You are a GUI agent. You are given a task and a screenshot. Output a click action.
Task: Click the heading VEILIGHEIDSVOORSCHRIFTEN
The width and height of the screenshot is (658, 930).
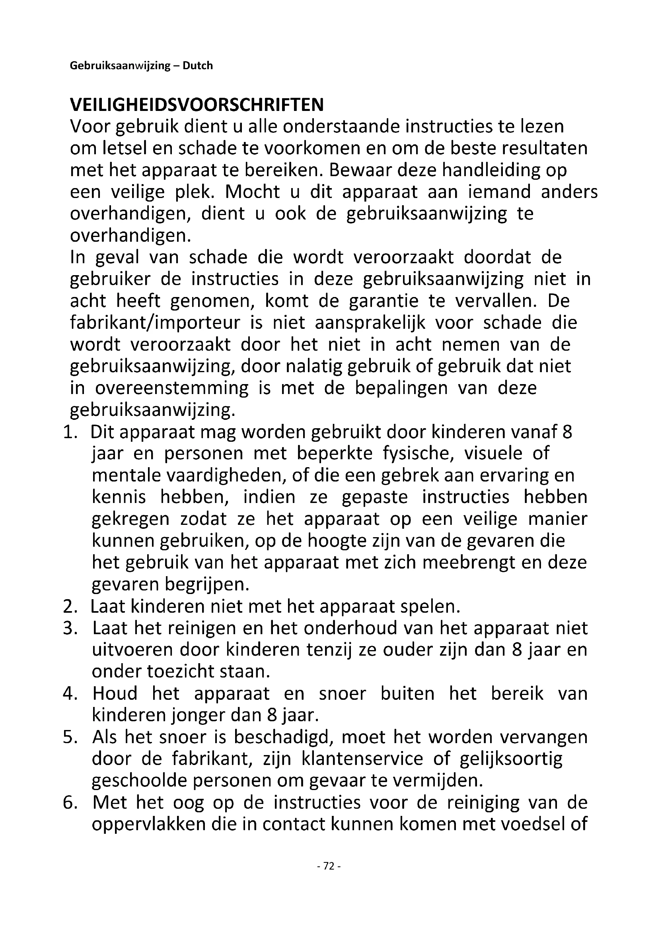(197, 105)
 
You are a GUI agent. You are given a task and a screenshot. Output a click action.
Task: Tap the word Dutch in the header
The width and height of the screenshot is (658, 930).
(198, 66)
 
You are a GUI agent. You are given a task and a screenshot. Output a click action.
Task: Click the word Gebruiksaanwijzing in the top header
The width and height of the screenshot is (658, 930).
(120, 66)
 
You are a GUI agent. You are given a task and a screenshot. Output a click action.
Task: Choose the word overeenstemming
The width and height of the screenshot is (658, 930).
(172, 388)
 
